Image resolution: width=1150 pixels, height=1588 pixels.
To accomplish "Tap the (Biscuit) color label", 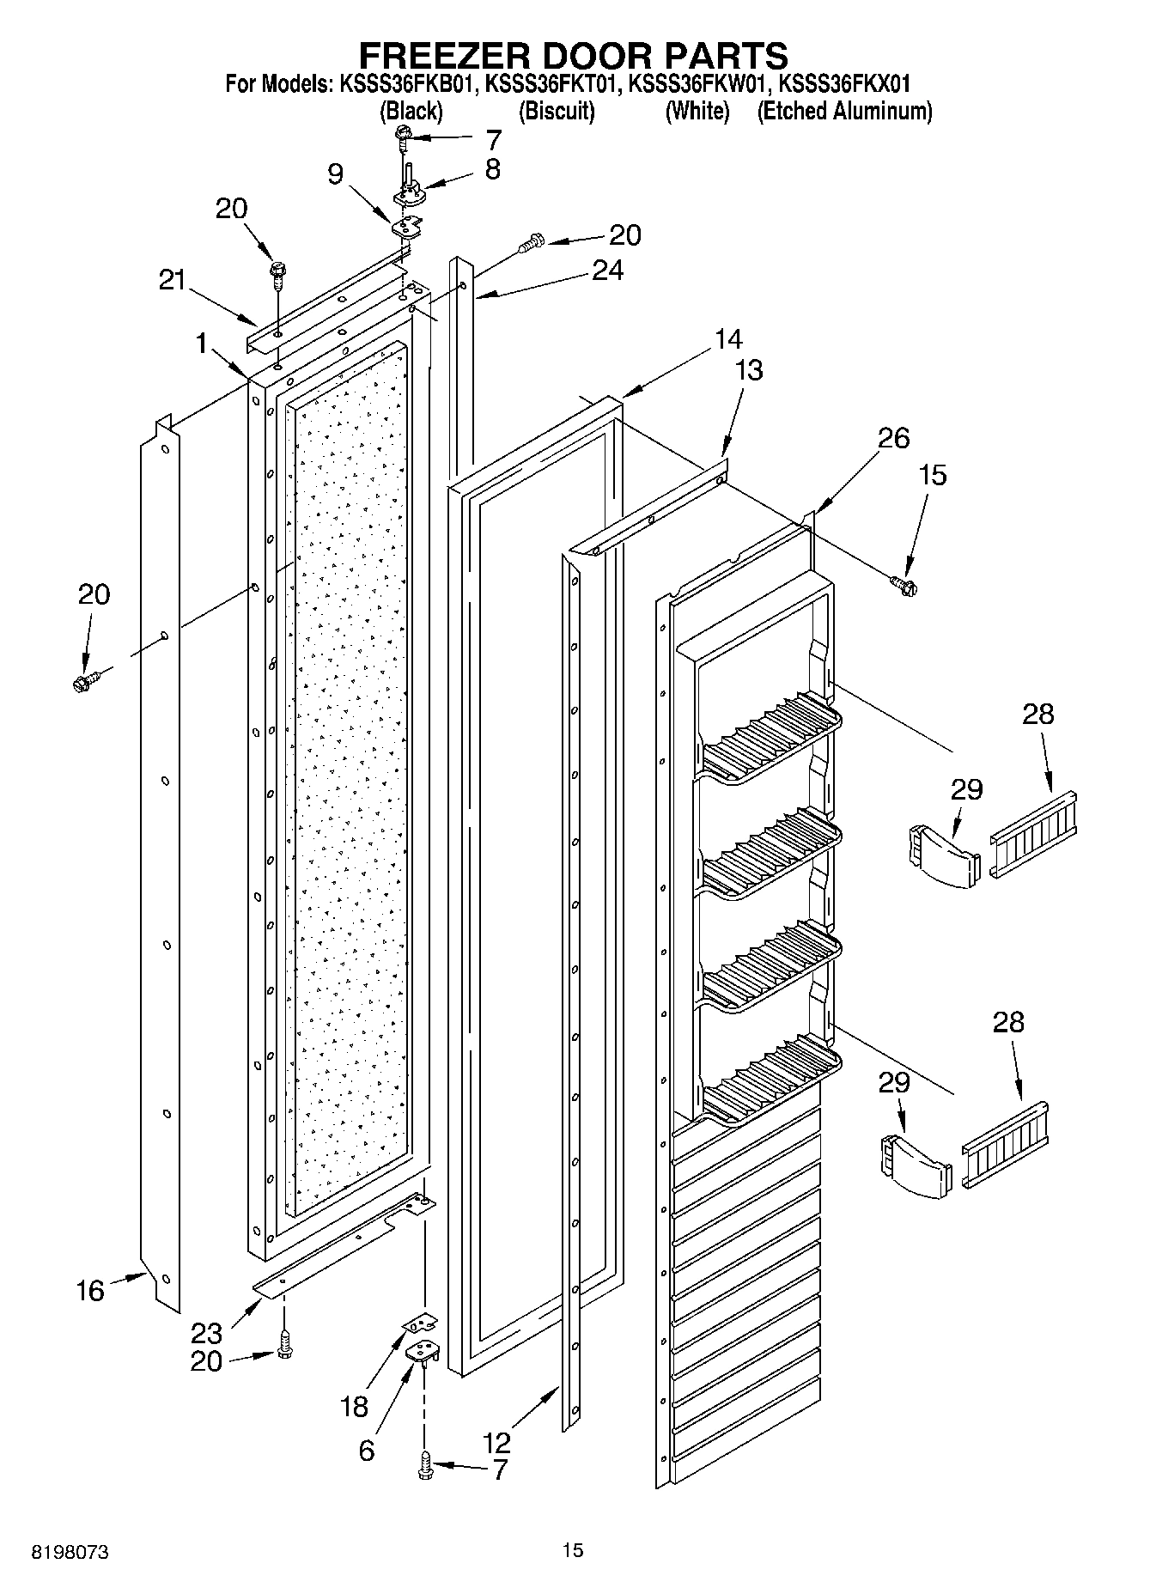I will (557, 111).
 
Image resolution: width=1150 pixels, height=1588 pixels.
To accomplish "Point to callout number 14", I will (727, 339).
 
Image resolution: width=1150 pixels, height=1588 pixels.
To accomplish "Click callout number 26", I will (893, 438).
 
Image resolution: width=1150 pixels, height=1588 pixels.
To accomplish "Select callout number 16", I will (90, 1290).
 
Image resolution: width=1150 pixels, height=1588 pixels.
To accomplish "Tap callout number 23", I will (207, 1333).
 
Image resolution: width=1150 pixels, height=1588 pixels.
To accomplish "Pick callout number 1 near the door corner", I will (202, 344).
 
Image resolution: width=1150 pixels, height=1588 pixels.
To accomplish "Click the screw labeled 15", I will (904, 586).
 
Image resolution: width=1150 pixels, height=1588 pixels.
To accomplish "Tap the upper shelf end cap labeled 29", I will (943, 855).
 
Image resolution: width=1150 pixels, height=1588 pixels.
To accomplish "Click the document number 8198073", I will (70, 1553).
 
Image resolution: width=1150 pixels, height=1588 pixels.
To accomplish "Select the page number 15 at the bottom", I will (573, 1549).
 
